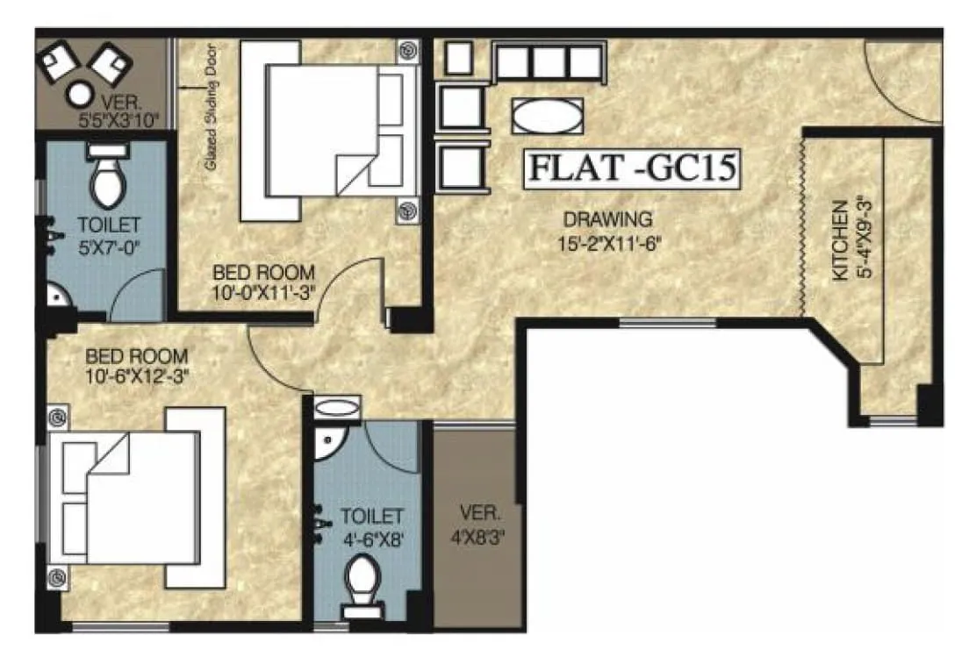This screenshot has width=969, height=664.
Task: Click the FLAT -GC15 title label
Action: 629,168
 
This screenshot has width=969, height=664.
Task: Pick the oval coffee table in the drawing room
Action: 546,115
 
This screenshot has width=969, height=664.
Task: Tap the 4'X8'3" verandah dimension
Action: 477,532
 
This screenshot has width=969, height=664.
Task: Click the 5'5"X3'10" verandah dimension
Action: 117,120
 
